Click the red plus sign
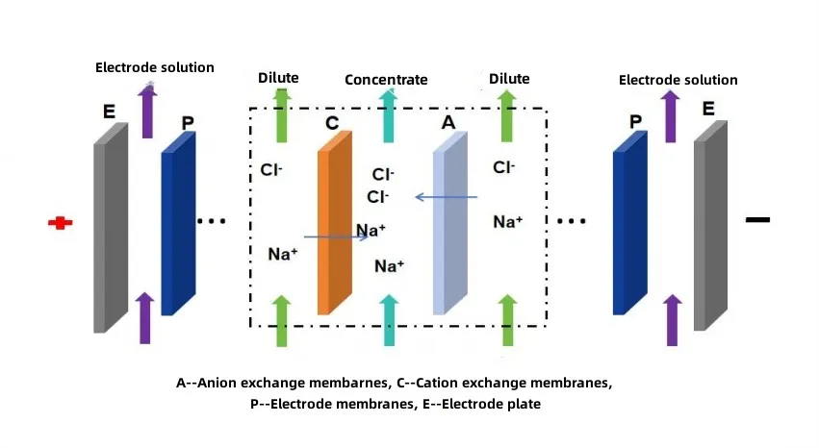point(61,223)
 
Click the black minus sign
point(757,220)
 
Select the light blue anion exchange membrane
point(449,226)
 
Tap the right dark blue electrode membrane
point(629,226)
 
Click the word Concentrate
point(386,80)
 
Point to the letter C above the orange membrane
point(332,123)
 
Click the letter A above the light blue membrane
point(448,123)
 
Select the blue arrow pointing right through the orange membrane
point(337,236)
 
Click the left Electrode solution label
point(155,67)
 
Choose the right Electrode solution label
point(678,80)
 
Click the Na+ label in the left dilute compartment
point(282,254)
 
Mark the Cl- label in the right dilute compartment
point(503,167)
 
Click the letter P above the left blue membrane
point(187,124)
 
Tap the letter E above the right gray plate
point(708,110)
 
